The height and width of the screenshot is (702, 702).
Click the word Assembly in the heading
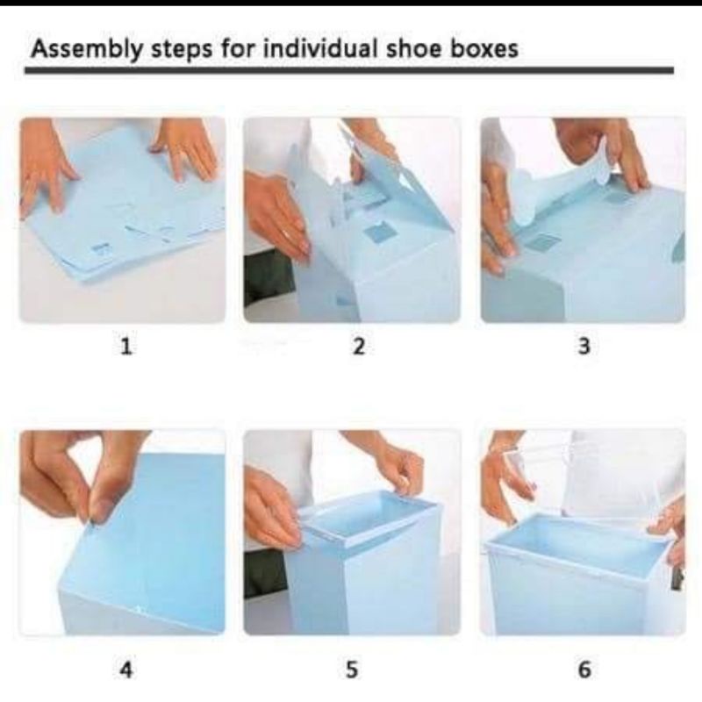[x=85, y=48]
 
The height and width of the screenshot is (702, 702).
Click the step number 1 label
[x=126, y=346]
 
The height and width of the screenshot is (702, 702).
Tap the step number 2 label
[x=358, y=346]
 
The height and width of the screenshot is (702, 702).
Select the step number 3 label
[x=584, y=346]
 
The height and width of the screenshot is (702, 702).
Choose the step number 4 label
[x=126, y=670]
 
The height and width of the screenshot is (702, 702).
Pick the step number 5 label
[x=352, y=670]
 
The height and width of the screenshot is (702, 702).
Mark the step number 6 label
[x=584, y=670]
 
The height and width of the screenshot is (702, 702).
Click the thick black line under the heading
[x=349, y=70]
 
